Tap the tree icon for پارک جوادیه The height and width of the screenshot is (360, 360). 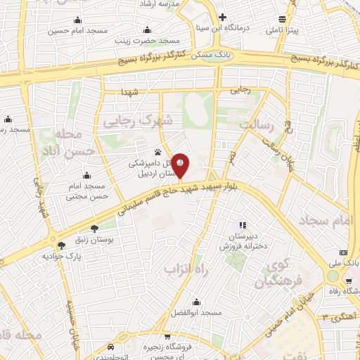62,245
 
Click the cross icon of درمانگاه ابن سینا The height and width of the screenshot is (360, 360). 223,17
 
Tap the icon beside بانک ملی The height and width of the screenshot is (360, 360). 343,252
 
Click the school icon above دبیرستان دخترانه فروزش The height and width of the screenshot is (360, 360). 243,225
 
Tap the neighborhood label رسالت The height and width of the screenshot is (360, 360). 255,124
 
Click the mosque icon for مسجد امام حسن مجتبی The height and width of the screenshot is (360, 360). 86,176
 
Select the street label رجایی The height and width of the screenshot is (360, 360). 240,91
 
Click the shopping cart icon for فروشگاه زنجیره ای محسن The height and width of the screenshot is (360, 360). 111,347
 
